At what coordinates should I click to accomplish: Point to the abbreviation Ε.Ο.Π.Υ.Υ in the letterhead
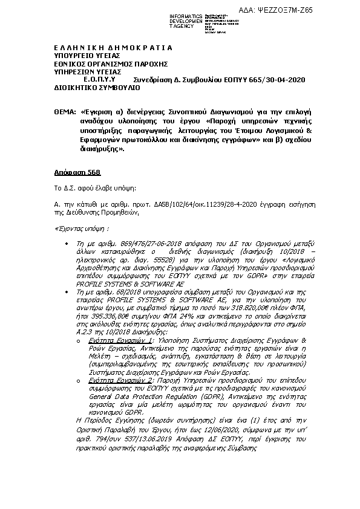click(x=100, y=79)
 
